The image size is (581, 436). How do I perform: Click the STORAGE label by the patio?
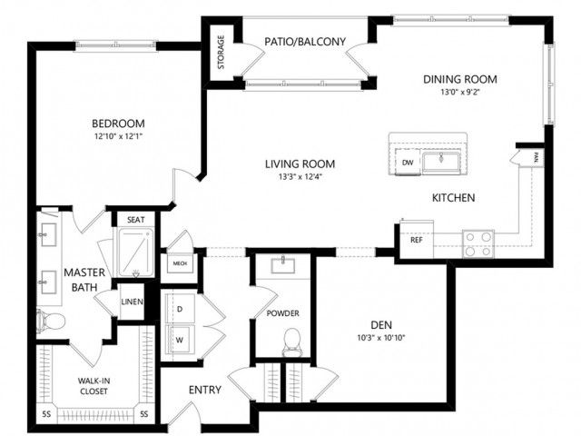pyautogui.click(x=221, y=52)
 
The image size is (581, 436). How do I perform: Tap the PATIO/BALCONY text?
pyautogui.click(x=305, y=42)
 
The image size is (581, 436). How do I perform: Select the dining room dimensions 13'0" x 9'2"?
pyautogui.click(x=460, y=92)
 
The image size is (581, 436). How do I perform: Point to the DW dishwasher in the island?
pyautogui.click(x=408, y=162)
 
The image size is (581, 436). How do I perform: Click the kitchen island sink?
pyautogui.click(x=441, y=162)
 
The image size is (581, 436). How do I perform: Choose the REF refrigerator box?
pyautogui.click(x=417, y=240)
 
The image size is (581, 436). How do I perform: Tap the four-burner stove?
pyautogui.click(x=478, y=243)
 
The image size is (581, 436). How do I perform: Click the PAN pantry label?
pyautogui.click(x=537, y=158)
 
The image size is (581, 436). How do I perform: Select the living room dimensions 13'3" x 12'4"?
pyautogui.click(x=300, y=176)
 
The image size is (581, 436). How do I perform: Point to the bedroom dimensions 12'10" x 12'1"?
pyautogui.click(x=119, y=136)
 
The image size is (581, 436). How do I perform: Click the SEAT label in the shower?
pyautogui.click(x=136, y=220)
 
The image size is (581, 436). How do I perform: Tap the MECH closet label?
pyautogui.click(x=180, y=263)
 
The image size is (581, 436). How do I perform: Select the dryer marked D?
pyautogui.click(x=180, y=309)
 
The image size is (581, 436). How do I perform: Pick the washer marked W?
pyautogui.click(x=180, y=340)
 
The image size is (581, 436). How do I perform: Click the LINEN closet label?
pyautogui.click(x=133, y=302)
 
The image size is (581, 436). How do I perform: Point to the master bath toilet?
pyautogui.click(x=51, y=321)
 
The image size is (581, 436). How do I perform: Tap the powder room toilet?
pyautogui.click(x=292, y=342)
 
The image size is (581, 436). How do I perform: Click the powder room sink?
pyautogui.click(x=283, y=264)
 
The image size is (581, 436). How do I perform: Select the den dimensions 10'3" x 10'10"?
pyautogui.click(x=381, y=338)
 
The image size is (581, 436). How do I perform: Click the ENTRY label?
pyautogui.click(x=205, y=390)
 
